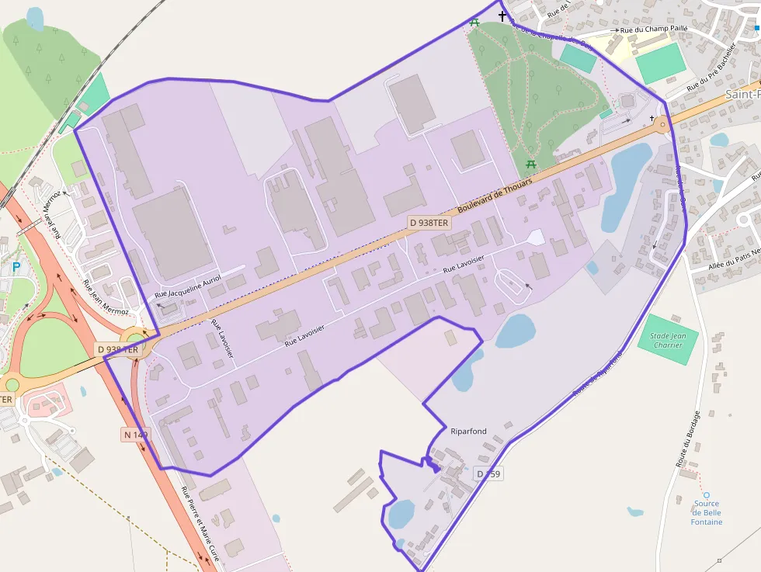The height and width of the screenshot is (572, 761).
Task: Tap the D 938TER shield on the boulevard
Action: click(429, 223)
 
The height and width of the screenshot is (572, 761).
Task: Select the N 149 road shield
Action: click(135, 435)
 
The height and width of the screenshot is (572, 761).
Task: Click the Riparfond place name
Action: click(468, 432)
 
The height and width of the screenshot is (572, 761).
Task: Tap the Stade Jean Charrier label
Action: click(668, 341)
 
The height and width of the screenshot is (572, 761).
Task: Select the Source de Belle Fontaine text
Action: click(707, 512)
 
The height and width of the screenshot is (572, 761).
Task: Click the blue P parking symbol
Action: click(16, 268)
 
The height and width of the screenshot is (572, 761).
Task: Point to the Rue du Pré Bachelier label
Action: click(711, 67)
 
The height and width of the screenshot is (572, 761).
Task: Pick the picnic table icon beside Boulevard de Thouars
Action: click(531, 165)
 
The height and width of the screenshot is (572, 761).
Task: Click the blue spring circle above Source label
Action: click(707, 494)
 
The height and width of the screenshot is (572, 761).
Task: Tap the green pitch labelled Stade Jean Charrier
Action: click(668, 341)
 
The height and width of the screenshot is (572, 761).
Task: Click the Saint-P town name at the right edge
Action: click(742, 94)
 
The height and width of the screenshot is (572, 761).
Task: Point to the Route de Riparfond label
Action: click(598, 376)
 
